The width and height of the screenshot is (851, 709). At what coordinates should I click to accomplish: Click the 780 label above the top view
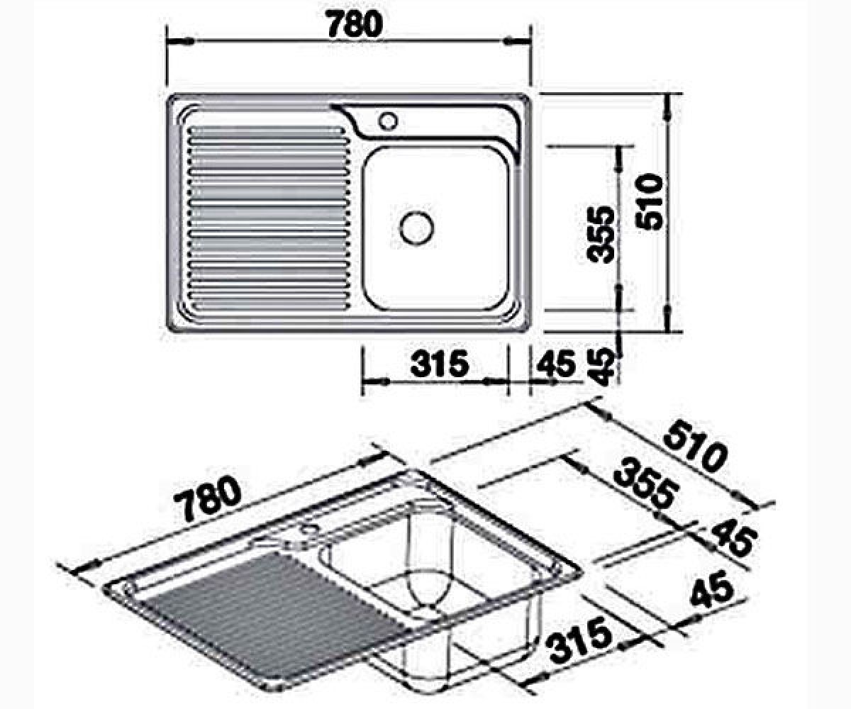[355, 25]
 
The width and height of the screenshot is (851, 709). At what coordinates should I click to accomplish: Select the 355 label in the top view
[600, 235]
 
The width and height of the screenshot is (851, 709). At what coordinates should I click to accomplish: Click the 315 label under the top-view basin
[440, 364]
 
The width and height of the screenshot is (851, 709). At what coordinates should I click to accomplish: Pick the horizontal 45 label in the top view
[556, 364]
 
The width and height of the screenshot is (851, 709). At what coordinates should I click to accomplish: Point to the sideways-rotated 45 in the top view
[600, 367]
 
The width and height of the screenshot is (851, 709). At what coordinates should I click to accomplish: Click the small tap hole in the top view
[388, 121]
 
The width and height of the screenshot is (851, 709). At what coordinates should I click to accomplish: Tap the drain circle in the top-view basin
[416, 228]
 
